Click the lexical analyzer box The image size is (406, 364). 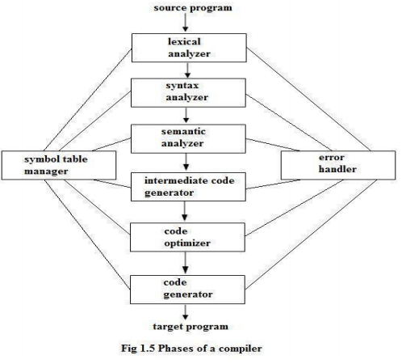pyautogui.click(x=189, y=48)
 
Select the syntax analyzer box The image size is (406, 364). pyautogui.click(x=188, y=93)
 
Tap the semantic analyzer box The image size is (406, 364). pyautogui.click(x=188, y=138)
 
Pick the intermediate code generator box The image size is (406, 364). pyautogui.click(x=188, y=187)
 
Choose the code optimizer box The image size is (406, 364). pyautogui.click(x=187, y=237)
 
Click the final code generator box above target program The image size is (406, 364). pyautogui.click(x=187, y=290)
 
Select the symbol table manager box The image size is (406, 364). pyautogui.click(x=59, y=165)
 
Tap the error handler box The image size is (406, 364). pyautogui.click(x=338, y=165)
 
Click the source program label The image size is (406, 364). pyautogui.click(x=193, y=7)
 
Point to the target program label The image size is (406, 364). pyautogui.click(x=190, y=327)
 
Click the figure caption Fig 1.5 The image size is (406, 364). pyautogui.click(x=191, y=349)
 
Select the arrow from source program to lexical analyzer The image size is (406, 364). pyautogui.click(x=186, y=23)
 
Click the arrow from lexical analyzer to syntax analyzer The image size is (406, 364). pyautogui.click(x=187, y=70)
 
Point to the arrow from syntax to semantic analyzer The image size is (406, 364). pyautogui.click(x=186, y=116)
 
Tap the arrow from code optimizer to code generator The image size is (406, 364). pyautogui.click(x=185, y=263)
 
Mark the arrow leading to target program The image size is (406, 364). pyautogui.click(x=185, y=312)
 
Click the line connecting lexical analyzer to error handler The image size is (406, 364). pyautogui.click(x=308, y=99)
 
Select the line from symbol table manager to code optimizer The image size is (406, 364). pyautogui.click(x=97, y=207)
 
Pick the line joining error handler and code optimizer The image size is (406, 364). pyautogui.click(x=295, y=208)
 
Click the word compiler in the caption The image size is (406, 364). pyautogui.click(x=241, y=349)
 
